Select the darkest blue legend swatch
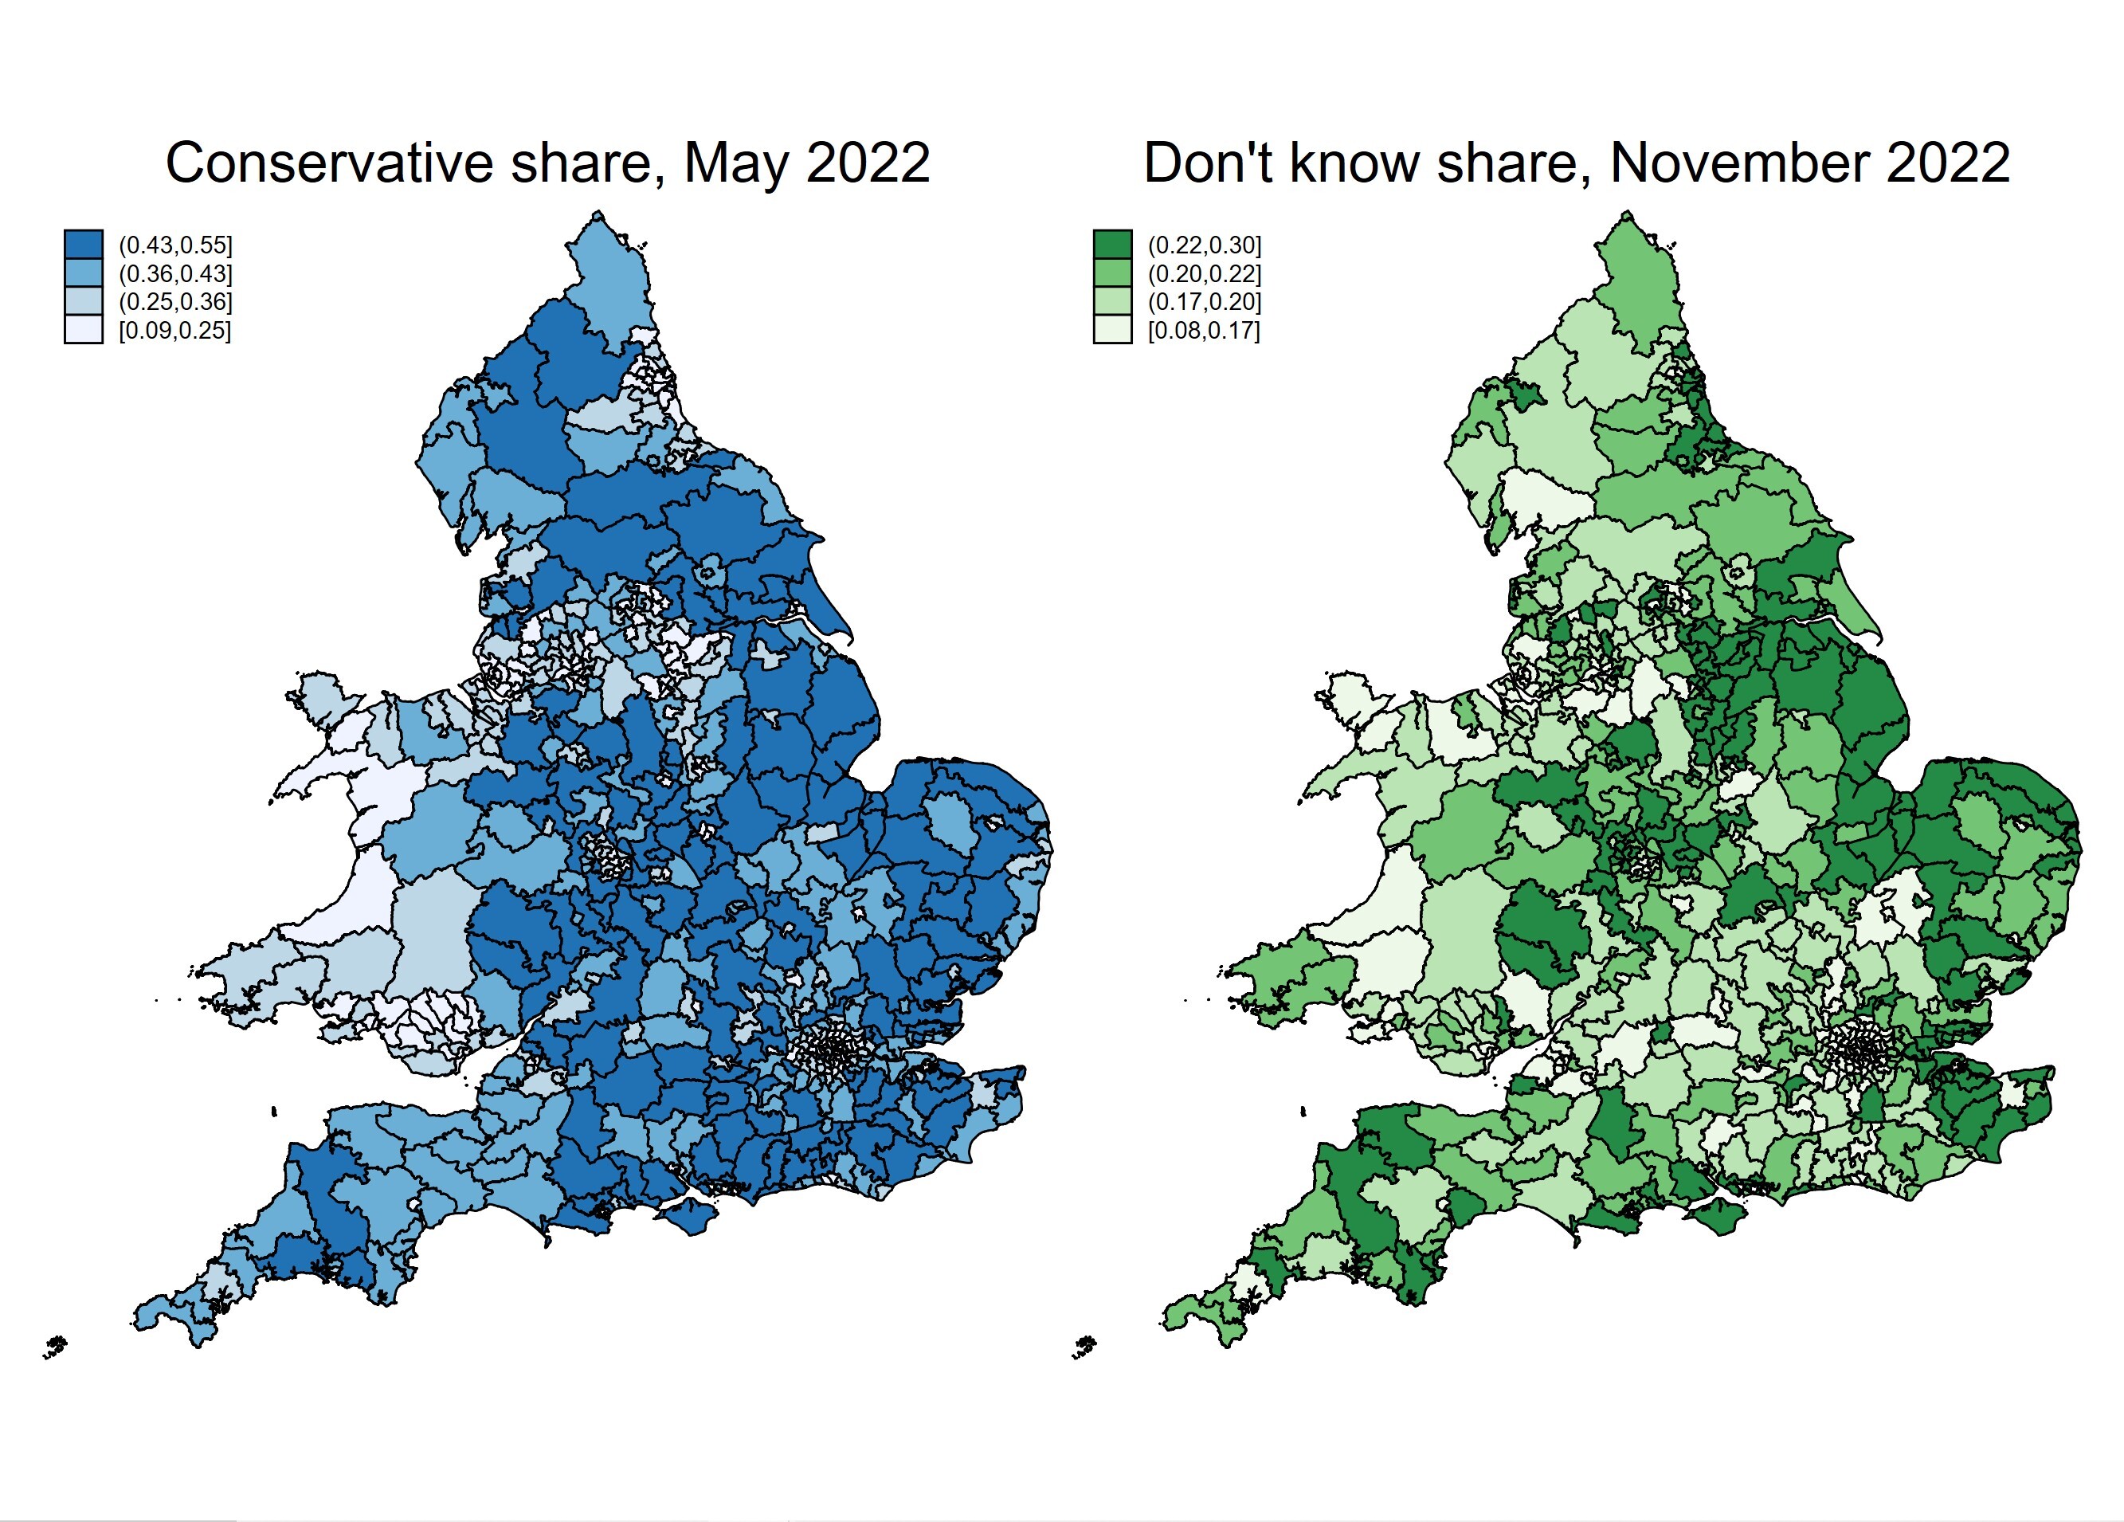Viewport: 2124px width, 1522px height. point(84,245)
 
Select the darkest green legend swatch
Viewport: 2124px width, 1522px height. point(1112,245)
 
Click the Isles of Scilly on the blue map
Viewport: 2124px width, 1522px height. point(57,1347)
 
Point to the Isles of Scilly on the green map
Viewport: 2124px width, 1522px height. point(1084,1347)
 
